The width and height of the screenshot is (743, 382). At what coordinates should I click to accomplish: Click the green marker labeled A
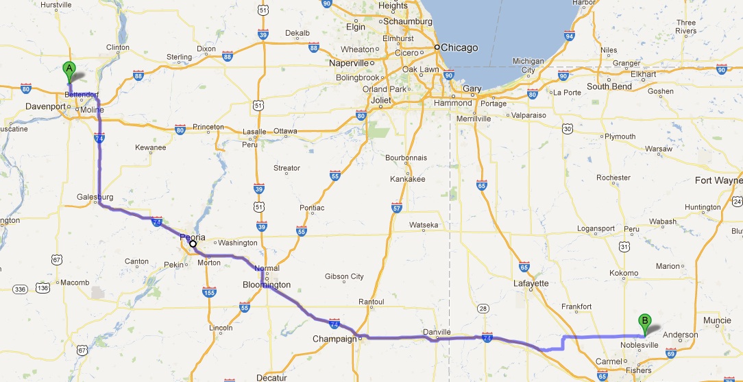pos(69,69)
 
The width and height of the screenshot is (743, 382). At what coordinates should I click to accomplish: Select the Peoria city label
pos(192,237)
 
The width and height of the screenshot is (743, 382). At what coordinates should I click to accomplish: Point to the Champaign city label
pos(334,339)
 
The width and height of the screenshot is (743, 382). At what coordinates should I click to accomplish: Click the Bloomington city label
pos(267,285)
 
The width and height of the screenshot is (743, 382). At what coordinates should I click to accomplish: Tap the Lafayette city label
pos(531,283)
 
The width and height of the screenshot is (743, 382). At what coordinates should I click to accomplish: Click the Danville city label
pos(437,331)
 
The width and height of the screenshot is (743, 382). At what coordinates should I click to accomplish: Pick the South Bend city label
pos(609,87)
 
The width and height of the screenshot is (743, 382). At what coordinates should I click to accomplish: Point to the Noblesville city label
pos(640,345)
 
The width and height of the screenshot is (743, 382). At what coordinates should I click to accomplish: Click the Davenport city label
pos(44,107)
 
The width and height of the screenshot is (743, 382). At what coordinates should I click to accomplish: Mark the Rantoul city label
pos(371,302)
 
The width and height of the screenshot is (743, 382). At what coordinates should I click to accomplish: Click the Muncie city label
pos(717,320)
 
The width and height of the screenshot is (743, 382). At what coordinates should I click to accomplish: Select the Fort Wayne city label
pos(718,180)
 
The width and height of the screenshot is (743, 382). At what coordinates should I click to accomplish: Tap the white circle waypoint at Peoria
pos(193,243)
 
